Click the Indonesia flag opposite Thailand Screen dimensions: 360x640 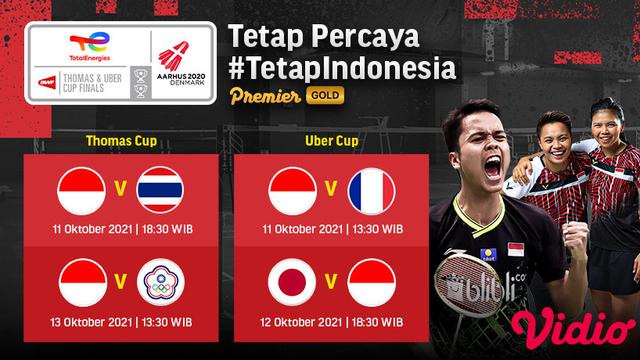point(81,193)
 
